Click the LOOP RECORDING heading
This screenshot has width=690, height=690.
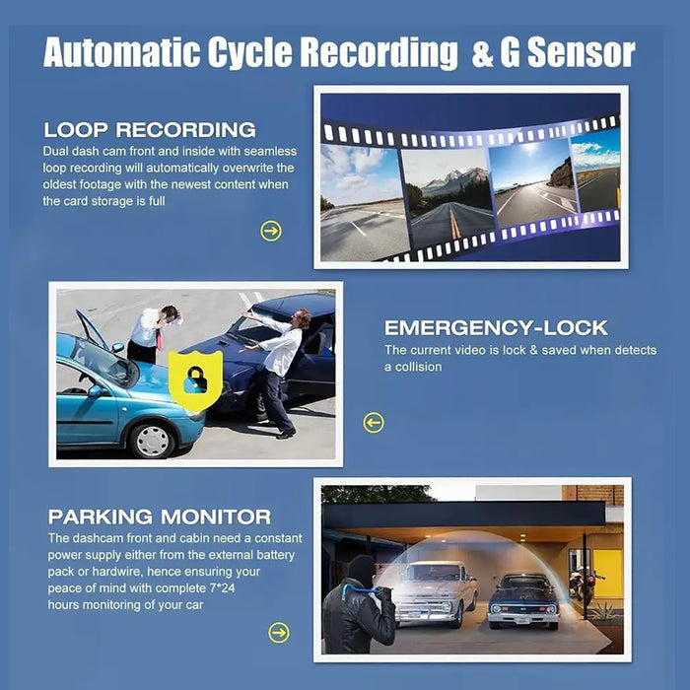pyautogui.click(x=150, y=129)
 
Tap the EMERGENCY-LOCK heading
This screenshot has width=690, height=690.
pyautogui.click(x=496, y=328)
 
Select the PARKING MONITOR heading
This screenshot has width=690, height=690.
pyautogui.click(x=160, y=517)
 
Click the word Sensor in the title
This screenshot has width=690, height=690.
pyautogui.click(x=582, y=52)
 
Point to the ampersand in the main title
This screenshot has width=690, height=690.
pyautogui.click(x=482, y=53)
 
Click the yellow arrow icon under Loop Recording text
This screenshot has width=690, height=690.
pyautogui.click(x=271, y=231)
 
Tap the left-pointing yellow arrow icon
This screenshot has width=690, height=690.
pyautogui.click(x=374, y=423)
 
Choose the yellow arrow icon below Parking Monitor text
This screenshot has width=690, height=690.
pyautogui.click(x=279, y=633)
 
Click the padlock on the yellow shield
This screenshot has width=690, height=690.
pyautogui.click(x=196, y=380)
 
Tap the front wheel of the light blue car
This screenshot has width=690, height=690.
pyautogui.click(x=152, y=440)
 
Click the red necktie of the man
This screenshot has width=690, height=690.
pyautogui.click(x=159, y=339)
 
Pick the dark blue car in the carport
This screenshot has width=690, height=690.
pyautogui.click(x=523, y=601)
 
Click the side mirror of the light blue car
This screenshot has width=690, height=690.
pyautogui.click(x=96, y=391)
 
